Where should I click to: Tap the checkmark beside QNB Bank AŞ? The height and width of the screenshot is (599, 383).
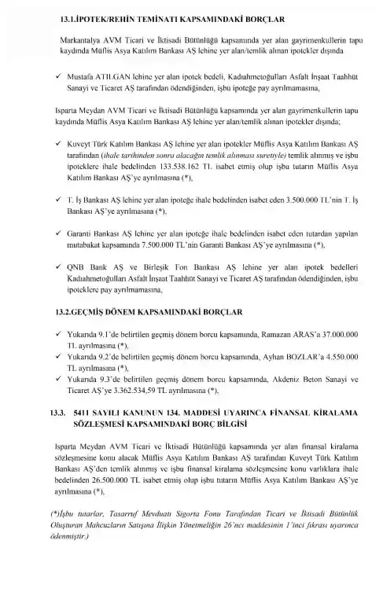tap(61, 288)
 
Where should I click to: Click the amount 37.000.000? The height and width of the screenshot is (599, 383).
tap(337, 357)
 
